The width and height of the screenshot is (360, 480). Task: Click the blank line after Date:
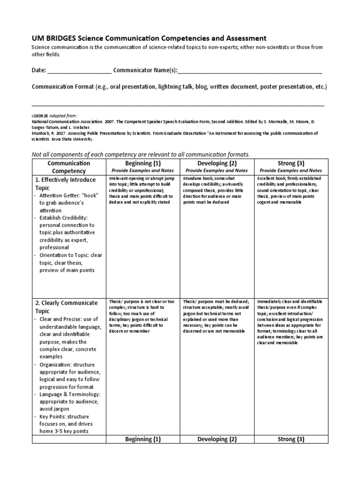coord(80,71)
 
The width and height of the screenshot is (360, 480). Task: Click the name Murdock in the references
coord(41,133)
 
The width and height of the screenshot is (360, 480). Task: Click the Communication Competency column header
coord(68,167)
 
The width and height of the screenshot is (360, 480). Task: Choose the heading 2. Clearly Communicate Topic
coord(66,307)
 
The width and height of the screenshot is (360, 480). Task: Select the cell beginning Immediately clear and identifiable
coord(290,322)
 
